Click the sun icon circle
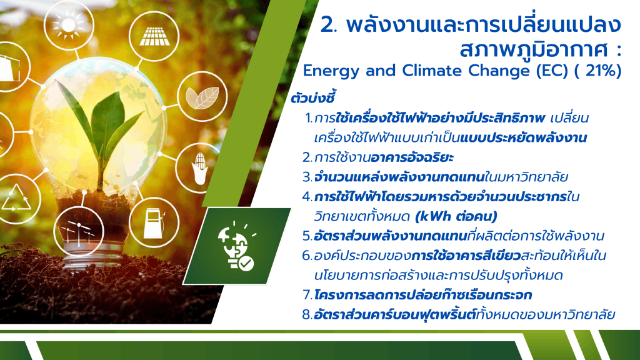pyautogui.click(x=69, y=25)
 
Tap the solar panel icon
pyautogui.click(x=154, y=36)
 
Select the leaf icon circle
pyautogui.click(x=202, y=97)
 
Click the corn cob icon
pyautogui.click(x=199, y=168)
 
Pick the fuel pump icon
pyautogui.click(x=154, y=223)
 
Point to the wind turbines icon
pyautogui.click(x=79, y=232)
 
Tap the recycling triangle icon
pyautogui.click(x=16, y=198)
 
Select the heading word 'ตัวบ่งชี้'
pyautogui.click(x=313, y=98)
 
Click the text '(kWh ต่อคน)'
pyautogui.click(x=456, y=216)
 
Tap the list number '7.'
pyautogui.click(x=307, y=295)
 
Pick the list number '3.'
pyautogui.click(x=307, y=177)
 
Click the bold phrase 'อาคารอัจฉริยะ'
pyautogui.click(x=412, y=157)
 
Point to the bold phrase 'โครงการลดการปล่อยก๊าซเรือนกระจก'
pyautogui.click(x=423, y=295)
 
